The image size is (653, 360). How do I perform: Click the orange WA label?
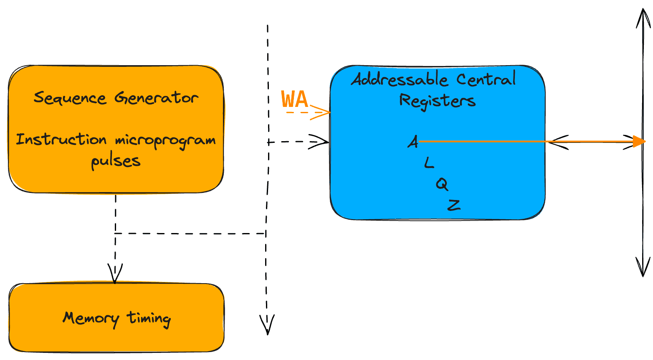(x=294, y=99)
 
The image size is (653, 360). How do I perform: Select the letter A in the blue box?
(x=413, y=142)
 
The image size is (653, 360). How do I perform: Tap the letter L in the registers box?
(x=429, y=162)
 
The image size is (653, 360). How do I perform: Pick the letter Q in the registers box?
(x=442, y=184)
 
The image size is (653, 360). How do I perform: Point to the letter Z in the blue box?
(x=454, y=205)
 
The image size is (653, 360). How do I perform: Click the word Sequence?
(x=70, y=98)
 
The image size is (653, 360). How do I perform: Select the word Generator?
(x=156, y=98)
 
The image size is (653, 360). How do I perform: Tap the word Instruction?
(x=61, y=139)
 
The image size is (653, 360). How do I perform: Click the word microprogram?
(x=165, y=141)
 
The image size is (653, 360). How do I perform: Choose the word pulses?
(x=116, y=161)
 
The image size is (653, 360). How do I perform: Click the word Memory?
(x=91, y=319)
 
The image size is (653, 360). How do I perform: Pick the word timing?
(x=149, y=319)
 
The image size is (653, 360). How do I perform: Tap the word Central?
(x=486, y=78)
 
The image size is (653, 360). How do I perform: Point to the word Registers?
(x=437, y=101)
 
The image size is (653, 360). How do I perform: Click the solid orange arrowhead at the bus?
(x=640, y=142)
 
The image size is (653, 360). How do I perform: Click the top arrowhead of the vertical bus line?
(x=643, y=18)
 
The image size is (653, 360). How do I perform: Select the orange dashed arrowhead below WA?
(x=321, y=112)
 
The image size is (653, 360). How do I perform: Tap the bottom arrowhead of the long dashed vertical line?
(x=267, y=325)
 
